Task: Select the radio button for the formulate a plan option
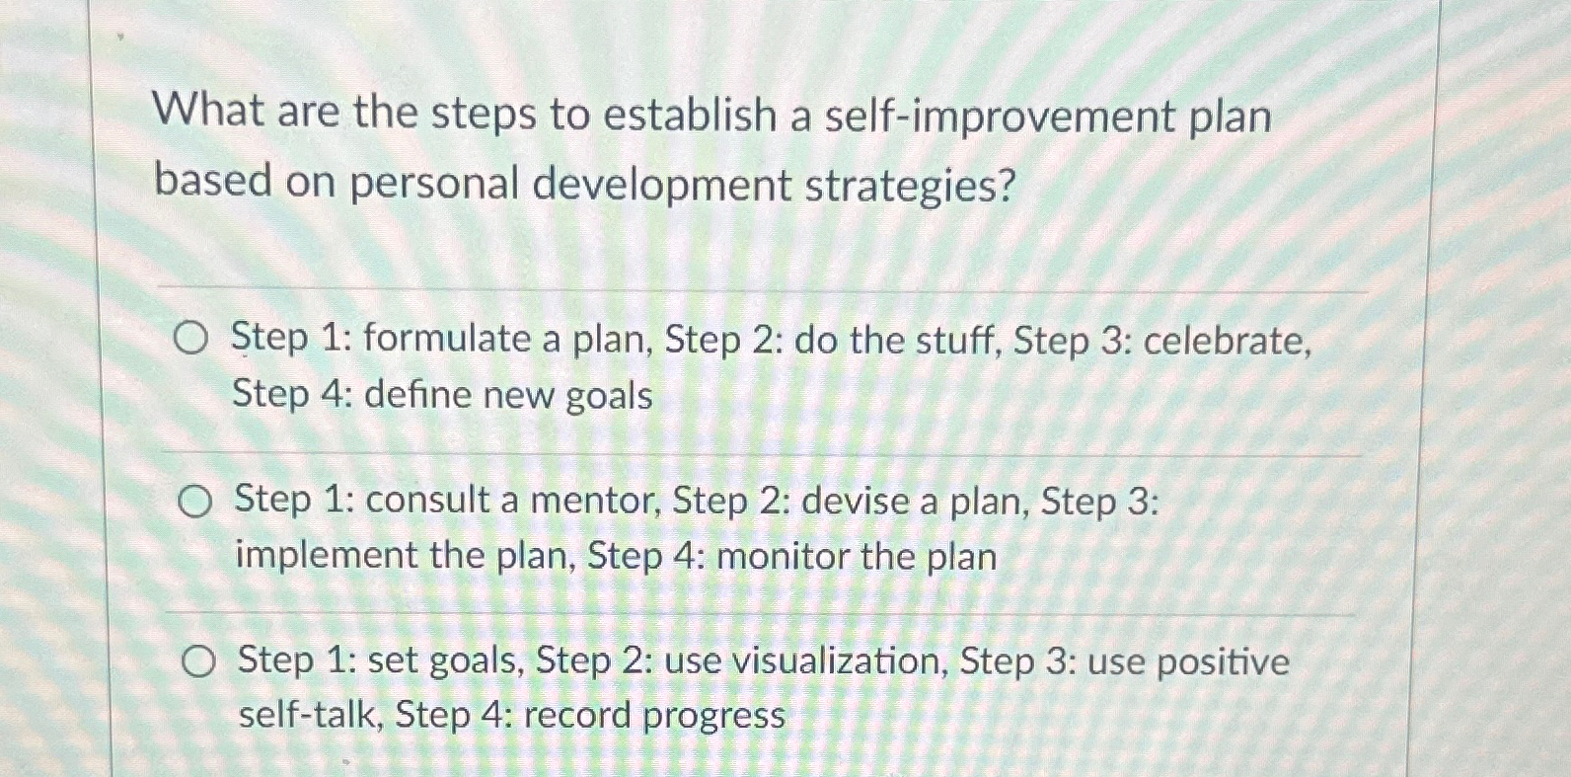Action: coord(190,340)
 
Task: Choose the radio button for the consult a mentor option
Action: coord(194,504)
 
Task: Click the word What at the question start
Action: coord(209,111)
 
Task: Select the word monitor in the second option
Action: coord(783,558)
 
